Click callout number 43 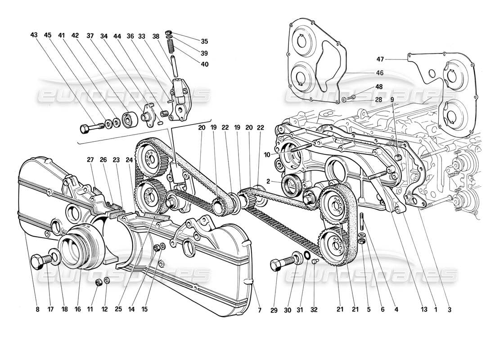(x=34, y=35)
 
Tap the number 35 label (x=204, y=41)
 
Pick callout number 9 (x=392, y=100)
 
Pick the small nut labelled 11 (x=98, y=283)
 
